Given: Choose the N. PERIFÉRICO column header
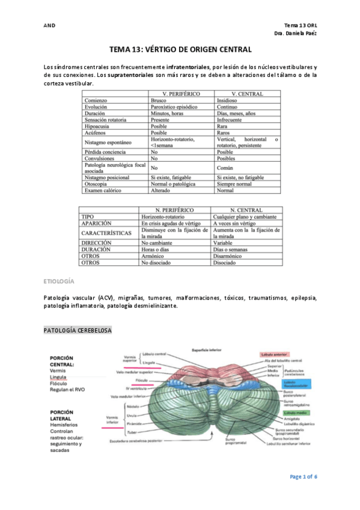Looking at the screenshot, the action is [174, 209].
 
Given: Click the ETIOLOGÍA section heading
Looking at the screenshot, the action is [59, 281].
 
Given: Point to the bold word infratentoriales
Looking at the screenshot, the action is [188, 66].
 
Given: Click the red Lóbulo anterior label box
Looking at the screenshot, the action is [276, 355].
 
